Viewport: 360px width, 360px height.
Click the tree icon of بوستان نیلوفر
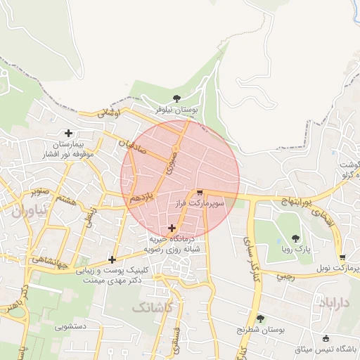pos(176,98)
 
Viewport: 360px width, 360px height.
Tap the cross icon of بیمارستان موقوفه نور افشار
pos(68,133)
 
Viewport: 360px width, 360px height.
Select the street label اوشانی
pos(109,112)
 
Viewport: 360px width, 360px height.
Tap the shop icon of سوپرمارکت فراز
pos(200,192)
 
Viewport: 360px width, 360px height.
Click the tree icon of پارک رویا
pos(295,238)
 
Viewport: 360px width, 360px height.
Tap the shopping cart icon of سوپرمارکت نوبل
pos(342,257)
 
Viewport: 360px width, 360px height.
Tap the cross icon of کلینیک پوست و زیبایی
pos(112,259)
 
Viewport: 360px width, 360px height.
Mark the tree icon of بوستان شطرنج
pos(260,319)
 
